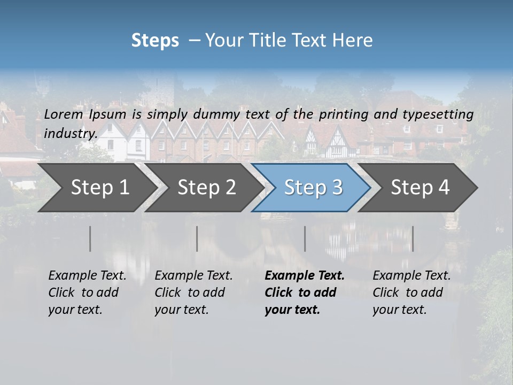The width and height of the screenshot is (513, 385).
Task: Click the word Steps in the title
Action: pyautogui.click(x=155, y=41)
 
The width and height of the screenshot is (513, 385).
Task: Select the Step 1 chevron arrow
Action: pyautogui.click(x=96, y=188)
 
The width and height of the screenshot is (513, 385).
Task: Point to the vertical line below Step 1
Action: pyautogui.click(x=90, y=238)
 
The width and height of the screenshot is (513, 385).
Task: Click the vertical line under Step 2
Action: pyautogui.click(x=197, y=238)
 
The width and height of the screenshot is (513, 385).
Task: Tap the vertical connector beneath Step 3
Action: pyautogui.click(x=305, y=238)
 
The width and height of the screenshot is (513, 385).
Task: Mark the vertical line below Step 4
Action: pyautogui.click(x=413, y=238)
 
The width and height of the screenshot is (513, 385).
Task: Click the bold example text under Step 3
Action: pyautogui.click(x=304, y=292)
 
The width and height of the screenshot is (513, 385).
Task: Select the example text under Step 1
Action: pyautogui.click(x=87, y=292)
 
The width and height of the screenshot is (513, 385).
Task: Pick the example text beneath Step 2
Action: pyautogui.click(x=193, y=292)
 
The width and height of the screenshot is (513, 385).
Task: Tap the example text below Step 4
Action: pyautogui.click(x=411, y=292)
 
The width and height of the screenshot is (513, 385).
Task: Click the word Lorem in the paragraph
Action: pyautogui.click(x=63, y=114)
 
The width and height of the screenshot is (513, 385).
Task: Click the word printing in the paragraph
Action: pyautogui.click(x=344, y=114)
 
